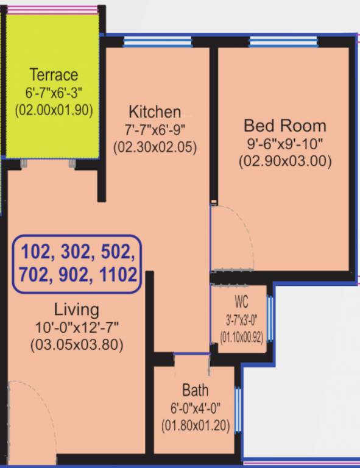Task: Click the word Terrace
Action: coord(54,76)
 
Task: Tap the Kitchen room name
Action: coord(155,112)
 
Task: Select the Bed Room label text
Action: coord(285,126)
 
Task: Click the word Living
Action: coord(76,308)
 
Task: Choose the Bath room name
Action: coord(196,391)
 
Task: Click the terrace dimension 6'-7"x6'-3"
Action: coord(54,94)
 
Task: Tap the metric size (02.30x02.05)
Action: coord(155,147)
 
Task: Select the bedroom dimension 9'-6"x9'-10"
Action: coord(285,144)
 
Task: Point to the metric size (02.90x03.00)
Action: coord(285,161)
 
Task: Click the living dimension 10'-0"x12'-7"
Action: coord(77,327)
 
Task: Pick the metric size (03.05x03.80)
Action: coord(77,344)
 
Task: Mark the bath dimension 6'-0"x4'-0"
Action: coord(196,409)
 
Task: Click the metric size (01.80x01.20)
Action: coord(196,427)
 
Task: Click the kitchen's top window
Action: coord(158,41)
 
